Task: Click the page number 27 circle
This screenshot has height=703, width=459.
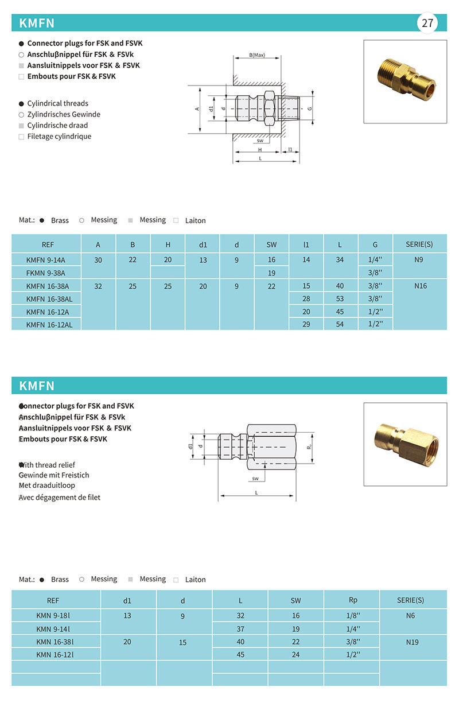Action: [427, 23]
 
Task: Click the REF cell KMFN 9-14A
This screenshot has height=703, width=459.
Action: [46, 260]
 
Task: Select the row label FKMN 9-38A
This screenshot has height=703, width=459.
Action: [46, 273]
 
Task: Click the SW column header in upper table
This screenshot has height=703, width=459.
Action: [271, 244]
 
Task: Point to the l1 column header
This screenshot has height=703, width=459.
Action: [306, 244]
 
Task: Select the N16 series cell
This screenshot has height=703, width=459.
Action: [420, 286]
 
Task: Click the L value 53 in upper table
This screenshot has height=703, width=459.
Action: [340, 298]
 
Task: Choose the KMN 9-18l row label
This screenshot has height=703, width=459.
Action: [57, 615]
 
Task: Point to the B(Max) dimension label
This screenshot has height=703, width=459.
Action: [256, 55]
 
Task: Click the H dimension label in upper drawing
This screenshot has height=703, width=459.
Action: [259, 150]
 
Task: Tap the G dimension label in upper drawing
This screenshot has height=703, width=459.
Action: [309, 108]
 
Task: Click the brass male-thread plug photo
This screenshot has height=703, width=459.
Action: [405, 81]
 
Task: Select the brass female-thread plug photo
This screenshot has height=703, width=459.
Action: [405, 444]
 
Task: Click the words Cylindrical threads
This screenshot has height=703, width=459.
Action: [58, 103]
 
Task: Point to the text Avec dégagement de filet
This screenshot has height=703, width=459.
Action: [60, 497]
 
